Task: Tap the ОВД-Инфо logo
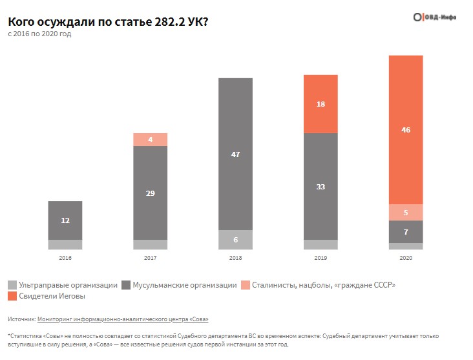pyautogui.click(x=434, y=17)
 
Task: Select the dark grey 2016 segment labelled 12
pyautogui.click(x=65, y=220)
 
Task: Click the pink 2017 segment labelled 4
pyautogui.click(x=150, y=140)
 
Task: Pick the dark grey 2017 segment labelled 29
pyautogui.click(x=150, y=193)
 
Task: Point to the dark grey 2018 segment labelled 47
pyautogui.click(x=235, y=154)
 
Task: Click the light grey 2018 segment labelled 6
pyautogui.click(x=235, y=239)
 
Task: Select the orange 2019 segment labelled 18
pyautogui.click(x=321, y=104)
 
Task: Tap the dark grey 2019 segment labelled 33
pyautogui.click(x=321, y=186)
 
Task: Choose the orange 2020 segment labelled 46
pyautogui.click(x=405, y=130)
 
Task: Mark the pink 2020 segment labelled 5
pyautogui.click(x=405, y=213)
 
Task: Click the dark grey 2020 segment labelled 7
pyautogui.click(x=405, y=231)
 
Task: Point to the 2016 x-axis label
pyautogui.click(x=65, y=258)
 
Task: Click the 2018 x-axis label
pyautogui.click(x=235, y=258)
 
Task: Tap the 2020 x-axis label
pyautogui.click(x=405, y=258)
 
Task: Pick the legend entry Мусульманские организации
pyautogui.click(x=184, y=285)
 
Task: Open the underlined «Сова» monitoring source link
pyautogui.click(x=123, y=319)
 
